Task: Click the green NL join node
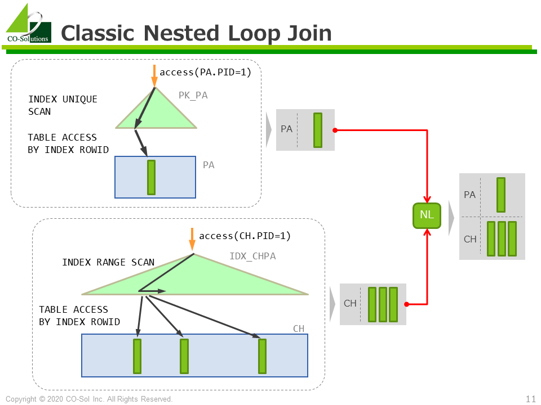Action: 427,215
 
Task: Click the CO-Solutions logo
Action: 28,24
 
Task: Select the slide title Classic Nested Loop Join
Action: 196,33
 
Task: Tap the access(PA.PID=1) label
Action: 205,72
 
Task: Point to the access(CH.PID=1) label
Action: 245,236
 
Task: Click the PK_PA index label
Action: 193,96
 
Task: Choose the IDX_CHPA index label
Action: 252,256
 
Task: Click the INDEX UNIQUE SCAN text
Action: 63,105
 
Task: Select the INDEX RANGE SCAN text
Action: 108,262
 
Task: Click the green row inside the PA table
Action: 151,177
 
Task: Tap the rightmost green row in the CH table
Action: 262,356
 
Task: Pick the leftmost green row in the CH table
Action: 137,356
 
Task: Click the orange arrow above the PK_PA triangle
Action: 154,76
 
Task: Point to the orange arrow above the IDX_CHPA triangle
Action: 192,239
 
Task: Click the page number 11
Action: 530,399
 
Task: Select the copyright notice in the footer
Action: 89,399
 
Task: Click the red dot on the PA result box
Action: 335,130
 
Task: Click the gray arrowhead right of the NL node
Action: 451,216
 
